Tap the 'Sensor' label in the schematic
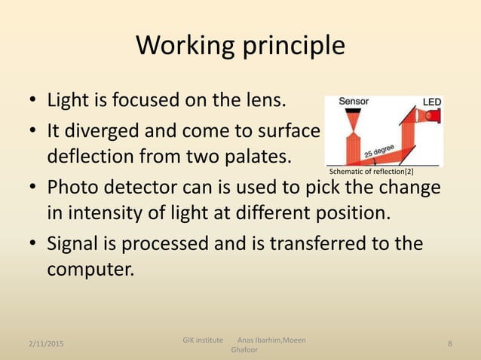tap(353, 101)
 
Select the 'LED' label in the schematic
tap(431, 102)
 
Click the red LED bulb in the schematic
tap(431, 115)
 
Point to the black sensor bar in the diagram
tap(353, 110)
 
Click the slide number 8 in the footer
tap(450, 344)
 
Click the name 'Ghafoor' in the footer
tap(244, 350)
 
